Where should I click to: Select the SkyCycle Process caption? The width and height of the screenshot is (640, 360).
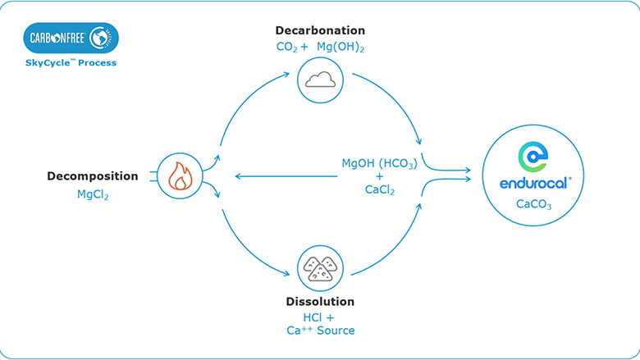point(71,63)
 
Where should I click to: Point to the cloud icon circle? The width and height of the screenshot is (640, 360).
point(320,80)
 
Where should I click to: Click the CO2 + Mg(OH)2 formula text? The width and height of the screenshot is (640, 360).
point(320,48)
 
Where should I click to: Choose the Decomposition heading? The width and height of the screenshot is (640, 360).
point(93,175)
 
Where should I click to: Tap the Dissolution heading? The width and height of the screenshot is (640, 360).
point(319,301)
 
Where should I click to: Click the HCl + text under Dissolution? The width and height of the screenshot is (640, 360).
point(319,317)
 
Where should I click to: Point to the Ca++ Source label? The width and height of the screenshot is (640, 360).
point(319,330)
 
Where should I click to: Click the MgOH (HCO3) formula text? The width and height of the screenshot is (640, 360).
point(379,162)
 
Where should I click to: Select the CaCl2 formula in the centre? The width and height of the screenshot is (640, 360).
point(379,190)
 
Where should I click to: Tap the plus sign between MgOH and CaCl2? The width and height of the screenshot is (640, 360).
point(379,176)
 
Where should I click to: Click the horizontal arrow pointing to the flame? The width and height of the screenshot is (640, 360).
point(279,175)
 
